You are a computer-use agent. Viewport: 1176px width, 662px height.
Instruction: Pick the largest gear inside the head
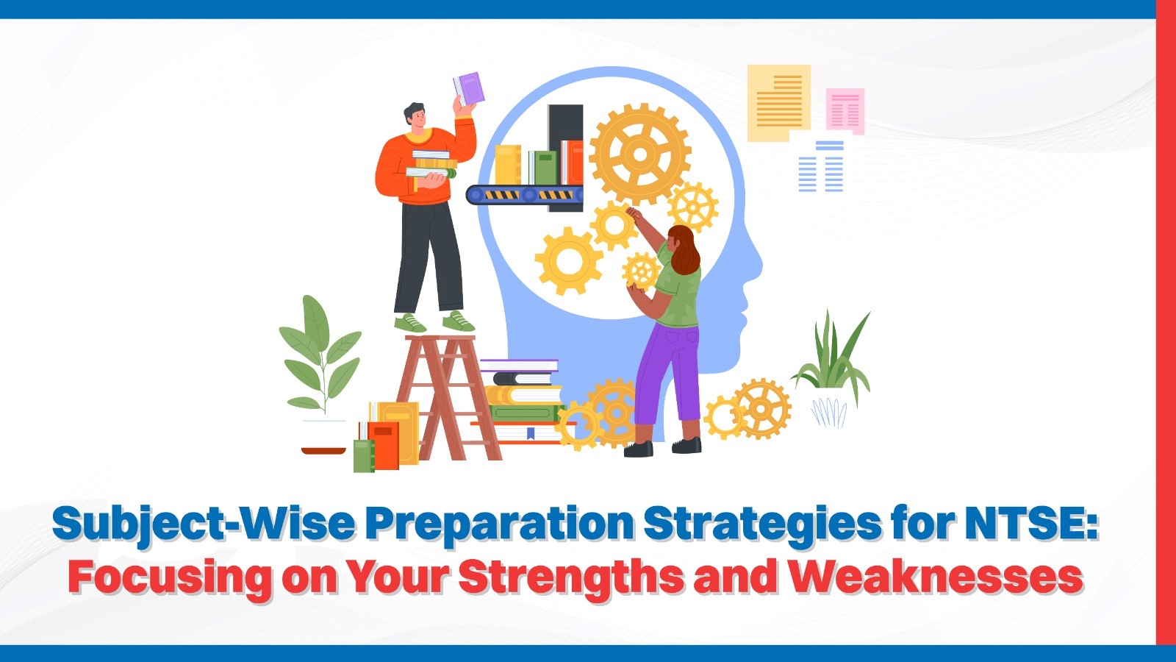point(640,154)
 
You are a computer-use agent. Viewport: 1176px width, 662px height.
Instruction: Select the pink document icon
point(845,110)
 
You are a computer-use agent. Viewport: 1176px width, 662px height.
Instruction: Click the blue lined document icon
point(821,168)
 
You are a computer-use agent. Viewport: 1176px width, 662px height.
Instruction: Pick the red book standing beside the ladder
point(384,446)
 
